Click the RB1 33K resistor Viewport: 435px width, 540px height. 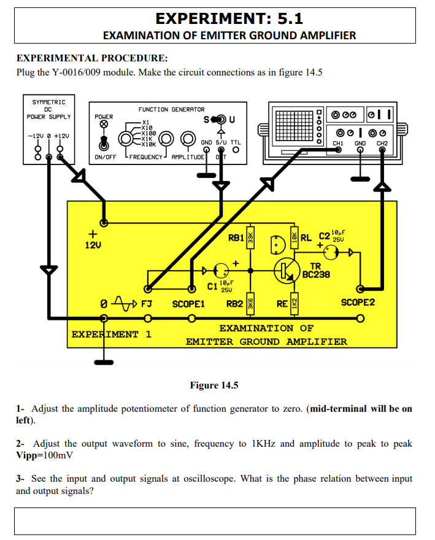pyautogui.click(x=250, y=237)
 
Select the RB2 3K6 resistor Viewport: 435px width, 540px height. pyautogui.click(x=250, y=303)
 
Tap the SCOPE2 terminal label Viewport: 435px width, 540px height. pyautogui.click(x=358, y=303)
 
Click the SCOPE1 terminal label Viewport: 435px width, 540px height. pyautogui.click(x=188, y=304)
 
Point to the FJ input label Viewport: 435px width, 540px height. pyautogui.click(x=147, y=304)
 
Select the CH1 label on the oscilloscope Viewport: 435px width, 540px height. pyautogui.click(x=337, y=143)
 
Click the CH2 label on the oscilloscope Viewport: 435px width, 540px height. pyautogui.click(x=382, y=143)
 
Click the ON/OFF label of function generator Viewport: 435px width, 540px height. pyautogui.click(x=106, y=157)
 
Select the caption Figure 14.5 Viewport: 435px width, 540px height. pyautogui.click(x=214, y=385)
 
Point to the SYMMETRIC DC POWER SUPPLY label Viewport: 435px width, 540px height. pyautogui.click(x=48, y=109)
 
